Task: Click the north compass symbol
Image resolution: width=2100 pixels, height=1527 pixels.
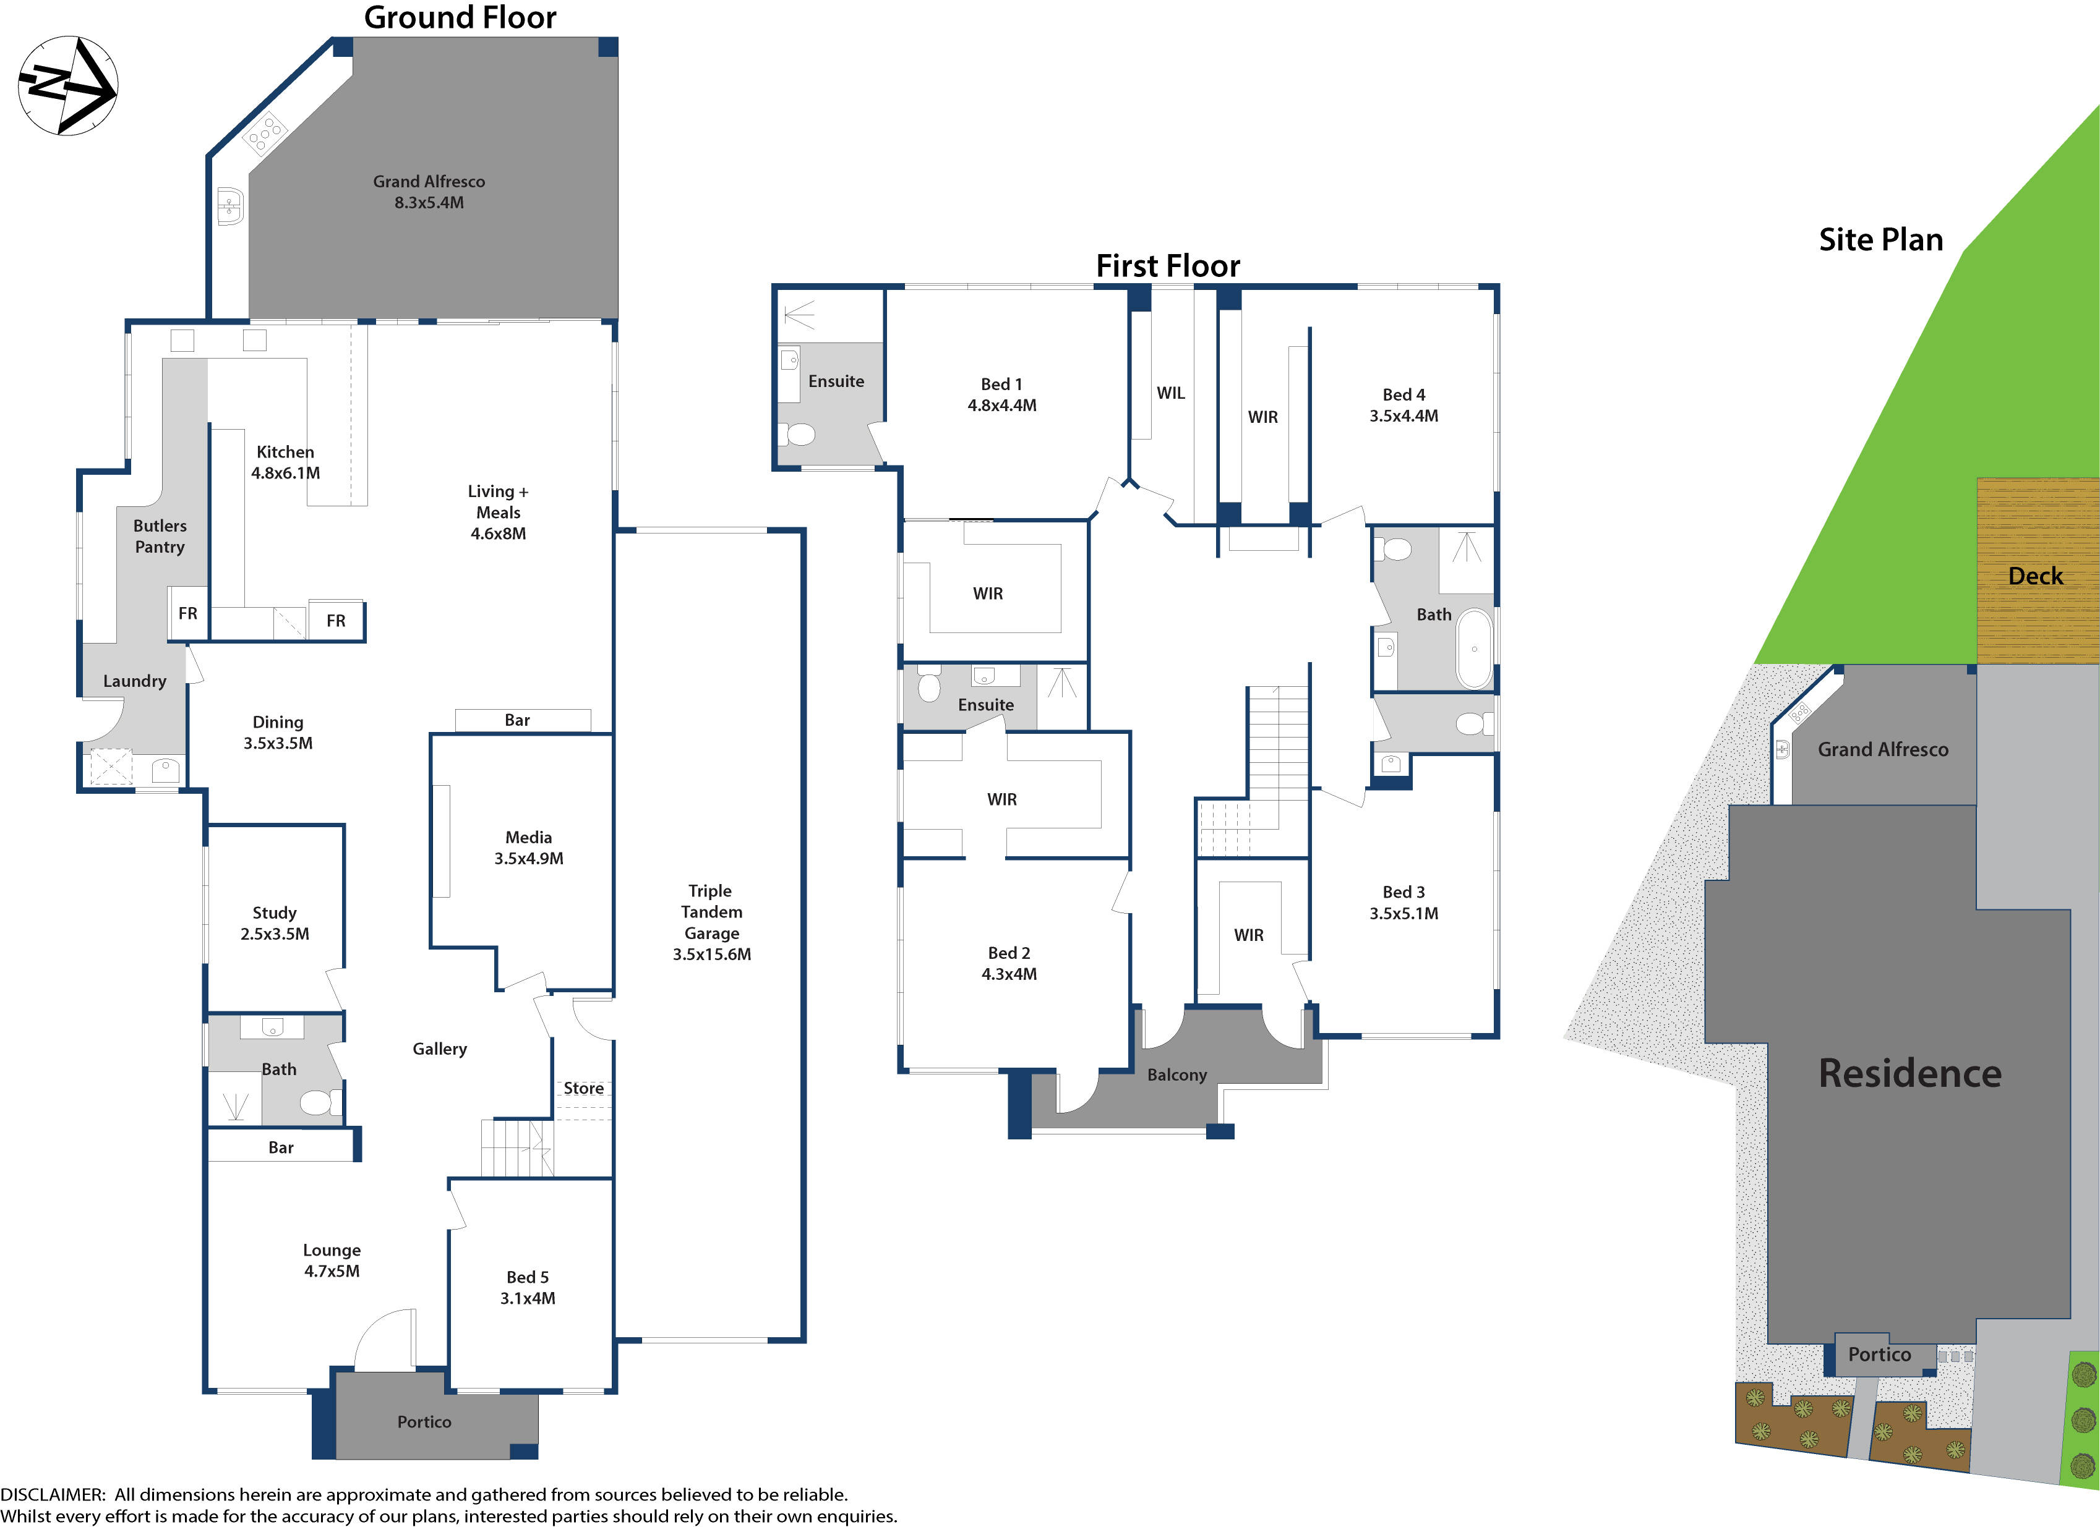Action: pyautogui.click(x=67, y=86)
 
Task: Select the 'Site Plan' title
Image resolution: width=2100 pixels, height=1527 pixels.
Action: pyautogui.click(x=1880, y=240)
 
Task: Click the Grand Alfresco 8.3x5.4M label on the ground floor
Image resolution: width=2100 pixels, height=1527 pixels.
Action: pyautogui.click(x=429, y=192)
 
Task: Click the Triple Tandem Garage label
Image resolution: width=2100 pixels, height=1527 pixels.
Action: pyautogui.click(x=711, y=922)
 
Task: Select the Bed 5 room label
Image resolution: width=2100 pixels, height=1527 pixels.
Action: pyautogui.click(x=527, y=1287)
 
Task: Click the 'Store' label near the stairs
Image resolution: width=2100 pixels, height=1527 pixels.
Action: pyautogui.click(x=583, y=1088)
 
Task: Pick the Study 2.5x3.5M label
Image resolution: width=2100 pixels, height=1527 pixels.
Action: pyautogui.click(x=274, y=922)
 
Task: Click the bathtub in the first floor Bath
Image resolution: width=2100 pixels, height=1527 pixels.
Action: pyautogui.click(x=1474, y=648)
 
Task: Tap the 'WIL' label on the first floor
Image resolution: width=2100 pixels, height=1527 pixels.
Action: pyautogui.click(x=1170, y=393)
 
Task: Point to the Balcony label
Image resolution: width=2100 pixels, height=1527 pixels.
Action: pyautogui.click(x=1177, y=1074)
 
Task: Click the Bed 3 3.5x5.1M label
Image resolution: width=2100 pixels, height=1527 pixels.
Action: pyautogui.click(x=1403, y=903)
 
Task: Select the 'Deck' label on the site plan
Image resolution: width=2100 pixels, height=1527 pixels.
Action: pyautogui.click(x=2035, y=576)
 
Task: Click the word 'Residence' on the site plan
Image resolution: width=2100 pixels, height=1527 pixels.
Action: pyautogui.click(x=1909, y=1073)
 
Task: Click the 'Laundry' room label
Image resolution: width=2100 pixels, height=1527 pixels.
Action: pyautogui.click(x=134, y=681)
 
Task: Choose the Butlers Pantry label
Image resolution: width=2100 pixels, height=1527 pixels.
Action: pyautogui.click(x=159, y=536)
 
